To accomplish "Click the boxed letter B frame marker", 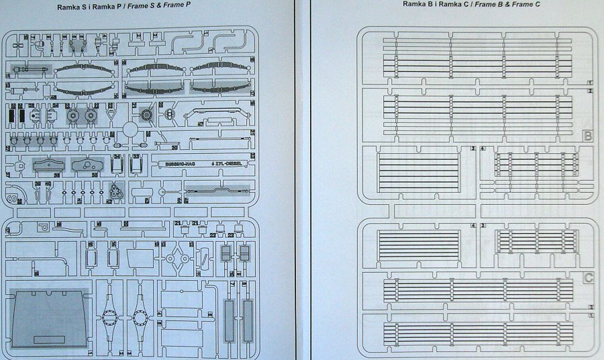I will (x=588, y=136).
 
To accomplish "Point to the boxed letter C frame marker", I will (x=588, y=277).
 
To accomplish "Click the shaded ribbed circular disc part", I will (x=147, y=116).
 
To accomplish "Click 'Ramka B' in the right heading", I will (x=419, y=5).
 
